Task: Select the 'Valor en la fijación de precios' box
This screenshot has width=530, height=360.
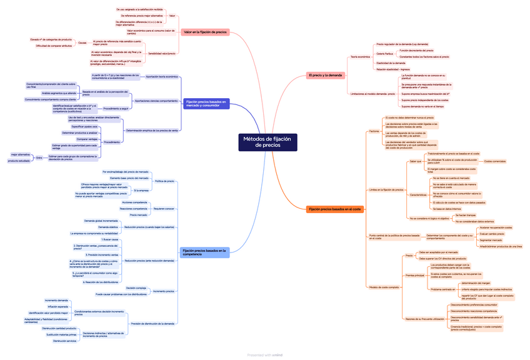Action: tap(206, 32)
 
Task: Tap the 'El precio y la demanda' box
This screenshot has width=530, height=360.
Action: tap(326, 75)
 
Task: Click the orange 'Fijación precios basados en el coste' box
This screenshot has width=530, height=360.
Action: tap(335, 209)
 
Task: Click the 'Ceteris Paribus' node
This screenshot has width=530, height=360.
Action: tap(384, 54)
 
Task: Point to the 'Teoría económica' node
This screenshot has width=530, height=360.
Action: tap(359, 57)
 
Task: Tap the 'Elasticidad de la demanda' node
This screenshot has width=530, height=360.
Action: tap(391, 63)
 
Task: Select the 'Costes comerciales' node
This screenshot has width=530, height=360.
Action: tap(495, 161)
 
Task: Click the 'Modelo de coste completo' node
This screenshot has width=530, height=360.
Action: tap(384, 287)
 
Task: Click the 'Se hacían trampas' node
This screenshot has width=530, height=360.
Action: tap(465, 215)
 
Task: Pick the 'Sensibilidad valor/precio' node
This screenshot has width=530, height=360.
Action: tap(161, 53)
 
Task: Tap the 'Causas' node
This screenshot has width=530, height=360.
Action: tap(82, 42)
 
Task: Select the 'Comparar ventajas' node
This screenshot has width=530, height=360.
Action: tap(73, 139)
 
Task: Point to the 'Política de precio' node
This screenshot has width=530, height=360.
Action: tap(164, 181)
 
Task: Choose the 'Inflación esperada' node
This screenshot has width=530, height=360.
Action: tap(57, 307)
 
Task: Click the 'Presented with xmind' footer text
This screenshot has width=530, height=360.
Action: tap(265, 355)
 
